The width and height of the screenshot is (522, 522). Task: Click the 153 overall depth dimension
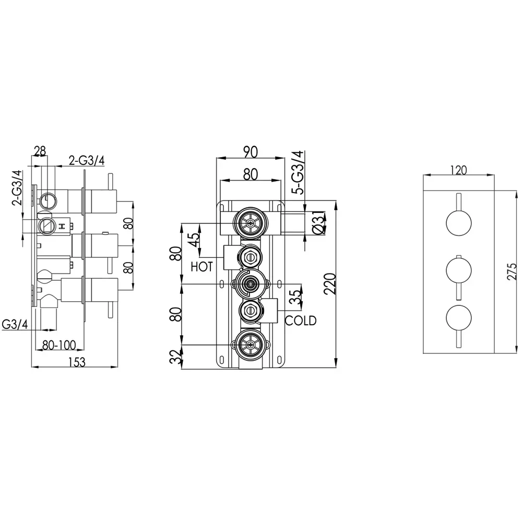[77, 362]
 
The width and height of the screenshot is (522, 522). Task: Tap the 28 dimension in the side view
[40, 151]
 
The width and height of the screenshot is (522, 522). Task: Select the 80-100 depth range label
[60, 345]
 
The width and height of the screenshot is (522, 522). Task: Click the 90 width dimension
[251, 152]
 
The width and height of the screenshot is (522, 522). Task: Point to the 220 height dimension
[330, 283]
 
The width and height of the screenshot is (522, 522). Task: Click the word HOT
[201, 267]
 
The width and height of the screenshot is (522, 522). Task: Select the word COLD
[300, 321]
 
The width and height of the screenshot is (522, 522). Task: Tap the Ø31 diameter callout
[318, 222]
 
